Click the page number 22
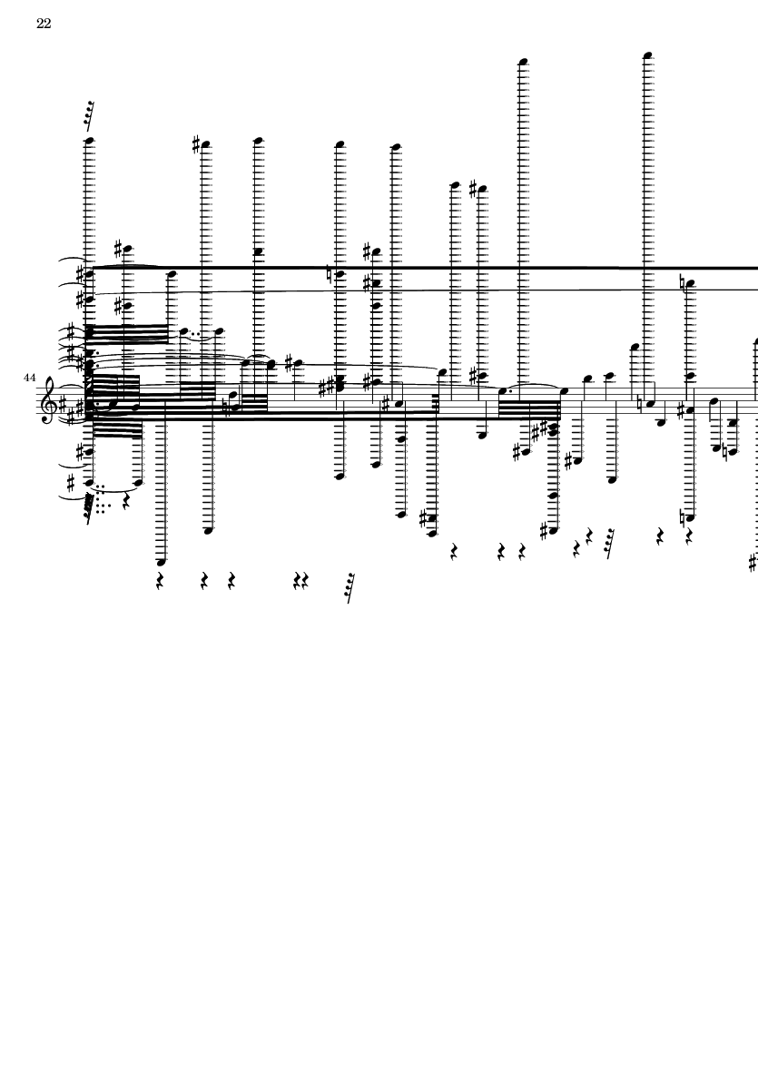pos(44,24)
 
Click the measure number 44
pos(29,378)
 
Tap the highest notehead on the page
pos(648,55)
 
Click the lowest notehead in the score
pos(160,563)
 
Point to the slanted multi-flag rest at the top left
pos(88,115)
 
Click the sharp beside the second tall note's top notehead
pos(196,144)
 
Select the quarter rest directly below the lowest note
pos(160,581)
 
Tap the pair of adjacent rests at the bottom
pos(300,581)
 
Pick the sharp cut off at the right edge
pos(753,563)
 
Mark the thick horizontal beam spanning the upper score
pos(425,268)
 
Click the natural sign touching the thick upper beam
pos(330,274)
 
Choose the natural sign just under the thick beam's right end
pos(683,282)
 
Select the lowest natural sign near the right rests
pos(683,517)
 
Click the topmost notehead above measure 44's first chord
pos(88,142)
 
